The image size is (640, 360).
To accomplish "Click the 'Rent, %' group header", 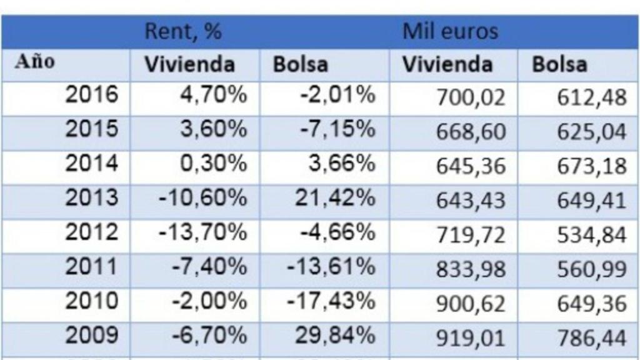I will [183, 32].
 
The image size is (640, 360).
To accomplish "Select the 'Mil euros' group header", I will [450, 32].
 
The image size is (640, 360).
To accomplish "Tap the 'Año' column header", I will [35, 62].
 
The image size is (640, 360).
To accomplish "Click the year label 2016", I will [92, 95].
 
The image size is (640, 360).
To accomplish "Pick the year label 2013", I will [92, 198].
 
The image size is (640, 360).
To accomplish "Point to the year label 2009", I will [92, 336].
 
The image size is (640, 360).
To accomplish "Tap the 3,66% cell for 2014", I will [342, 164].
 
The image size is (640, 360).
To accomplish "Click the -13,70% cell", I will [202, 232].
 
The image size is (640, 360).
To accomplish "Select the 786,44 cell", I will [591, 338].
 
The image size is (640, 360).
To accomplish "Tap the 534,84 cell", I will [591, 235].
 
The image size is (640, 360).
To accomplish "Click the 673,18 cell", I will [591, 166].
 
